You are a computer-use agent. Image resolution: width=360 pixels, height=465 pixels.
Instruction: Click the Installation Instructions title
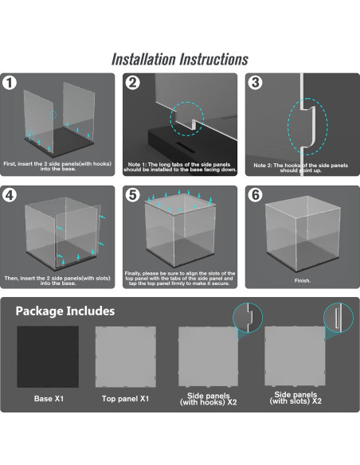pos(180,59)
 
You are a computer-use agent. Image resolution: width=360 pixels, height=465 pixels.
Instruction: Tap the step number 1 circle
pos(10,83)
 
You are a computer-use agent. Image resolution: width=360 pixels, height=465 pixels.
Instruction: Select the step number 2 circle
pos(132,83)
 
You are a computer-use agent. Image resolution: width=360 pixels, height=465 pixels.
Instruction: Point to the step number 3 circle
pos(255,83)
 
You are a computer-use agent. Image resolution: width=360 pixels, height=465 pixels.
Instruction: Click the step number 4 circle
pos(10,195)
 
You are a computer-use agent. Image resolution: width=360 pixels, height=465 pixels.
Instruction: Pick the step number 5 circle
pos(132,195)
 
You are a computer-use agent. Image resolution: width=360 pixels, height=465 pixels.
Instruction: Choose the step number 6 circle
pos(255,195)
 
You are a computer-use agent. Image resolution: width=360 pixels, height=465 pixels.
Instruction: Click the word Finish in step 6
pos(302,280)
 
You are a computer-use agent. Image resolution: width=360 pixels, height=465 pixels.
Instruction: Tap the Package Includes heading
pos(65,311)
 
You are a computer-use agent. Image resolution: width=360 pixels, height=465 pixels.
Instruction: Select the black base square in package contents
pos(48,357)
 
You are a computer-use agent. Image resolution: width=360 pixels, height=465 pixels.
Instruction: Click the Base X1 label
pos(49,399)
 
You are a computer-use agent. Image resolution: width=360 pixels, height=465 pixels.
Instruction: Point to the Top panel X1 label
pos(125,399)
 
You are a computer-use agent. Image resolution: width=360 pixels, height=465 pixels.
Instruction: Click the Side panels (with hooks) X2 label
pos(208,399)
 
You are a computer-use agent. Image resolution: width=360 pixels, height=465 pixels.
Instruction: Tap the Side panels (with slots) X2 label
pos(295,398)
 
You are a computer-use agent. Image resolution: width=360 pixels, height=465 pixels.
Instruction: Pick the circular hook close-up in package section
pos(248,318)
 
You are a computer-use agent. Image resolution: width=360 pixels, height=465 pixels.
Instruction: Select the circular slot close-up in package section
pos(338,318)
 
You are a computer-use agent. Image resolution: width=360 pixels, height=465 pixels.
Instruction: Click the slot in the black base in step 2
pos(186,147)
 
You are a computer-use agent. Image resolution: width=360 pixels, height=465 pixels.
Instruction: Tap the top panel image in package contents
pos(126,357)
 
